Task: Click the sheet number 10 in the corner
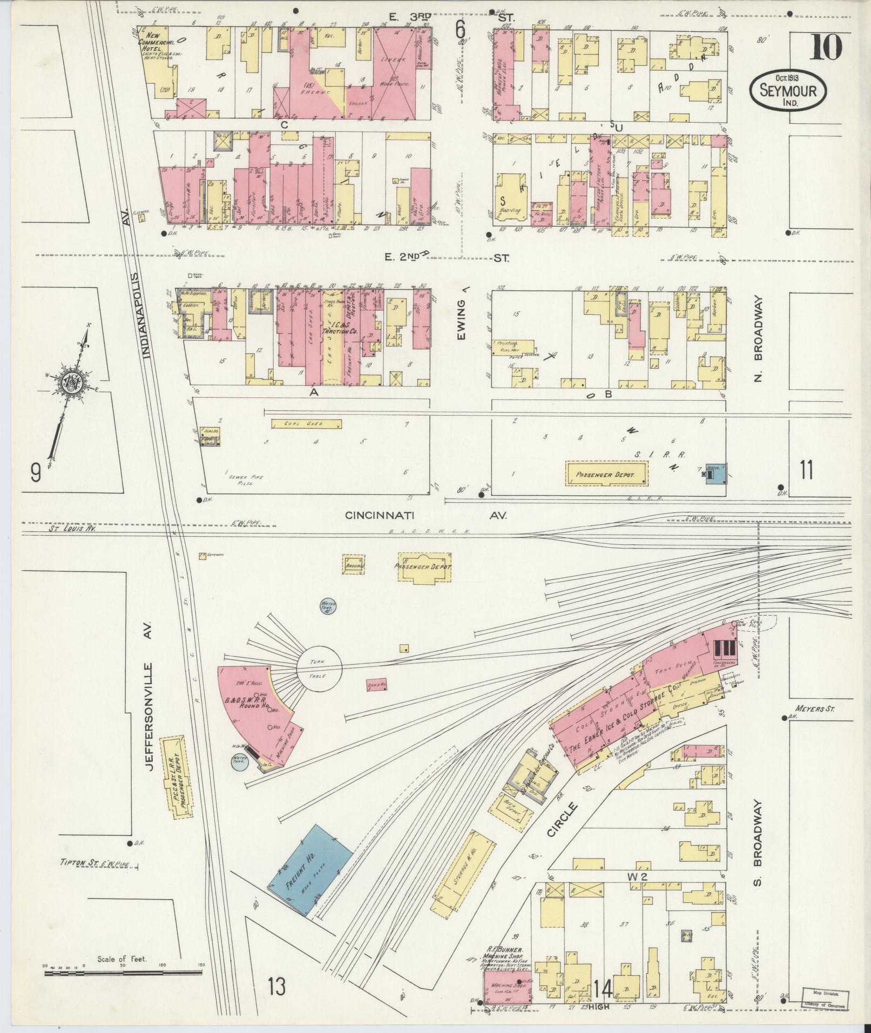(826, 47)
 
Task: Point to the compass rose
(71, 384)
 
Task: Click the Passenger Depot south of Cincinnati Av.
(424, 567)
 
